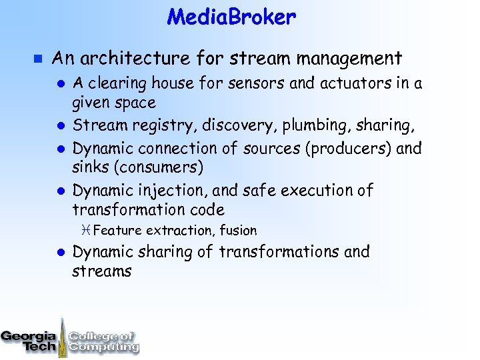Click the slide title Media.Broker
[231, 17]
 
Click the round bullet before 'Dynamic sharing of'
[59, 253]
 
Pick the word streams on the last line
[102, 271]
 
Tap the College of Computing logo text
[103, 341]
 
